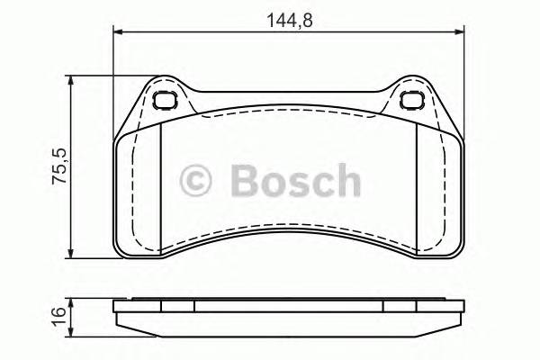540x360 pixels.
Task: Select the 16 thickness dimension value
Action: click(59, 314)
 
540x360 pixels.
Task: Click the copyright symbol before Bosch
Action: click(195, 180)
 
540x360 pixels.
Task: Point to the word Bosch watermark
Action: click(293, 180)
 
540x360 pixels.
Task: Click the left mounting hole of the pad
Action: click(165, 101)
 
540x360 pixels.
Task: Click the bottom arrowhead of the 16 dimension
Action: click(72, 330)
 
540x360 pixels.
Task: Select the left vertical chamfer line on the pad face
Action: click(158, 185)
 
